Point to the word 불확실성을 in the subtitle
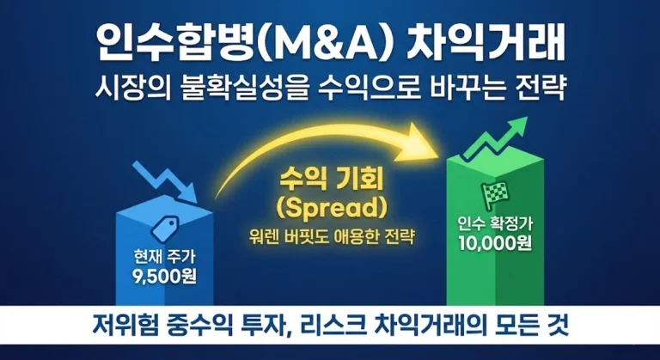click(245, 88)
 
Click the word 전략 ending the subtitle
click(546, 88)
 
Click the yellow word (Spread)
click(332, 209)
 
